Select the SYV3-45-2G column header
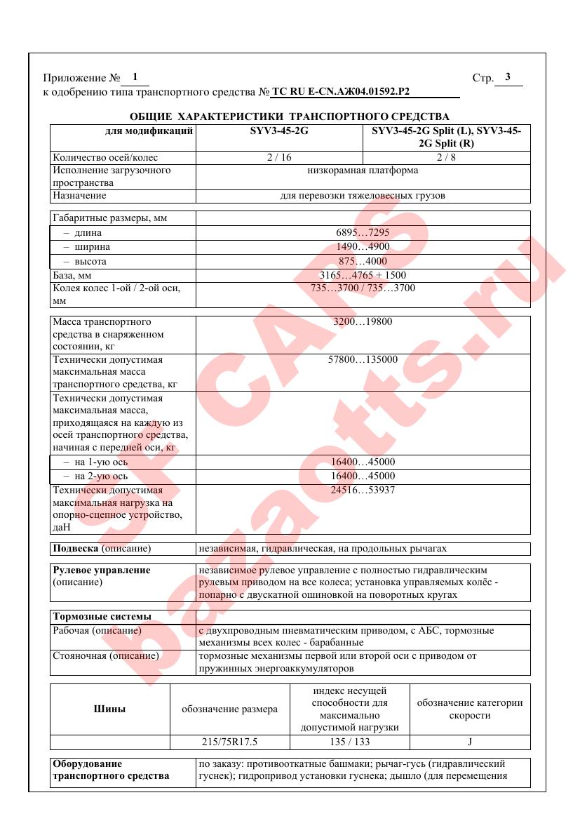click(x=279, y=131)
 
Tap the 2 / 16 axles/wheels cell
click(x=279, y=157)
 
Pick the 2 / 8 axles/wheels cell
click(x=446, y=157)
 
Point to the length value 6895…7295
click(x=363, y=232)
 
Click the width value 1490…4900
click(x=363, y=246)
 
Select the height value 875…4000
click(x=363, y=261)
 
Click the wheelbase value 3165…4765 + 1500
click(x=363, y=275)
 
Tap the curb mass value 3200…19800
click(x=363, y=322)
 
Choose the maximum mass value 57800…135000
click(x=363, y=360)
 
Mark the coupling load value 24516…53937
click(x=363, y=490)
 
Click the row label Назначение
click(x=79, y=196)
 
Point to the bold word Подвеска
click(x=76, y=548)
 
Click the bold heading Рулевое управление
click(x=102, y=570)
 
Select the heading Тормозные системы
click(x=102, y=617)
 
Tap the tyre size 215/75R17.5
click(x=229, y=741)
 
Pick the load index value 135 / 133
click(x=349, y=741)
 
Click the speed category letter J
click(x=469, y=741)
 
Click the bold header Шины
click(x=110, y=709)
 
